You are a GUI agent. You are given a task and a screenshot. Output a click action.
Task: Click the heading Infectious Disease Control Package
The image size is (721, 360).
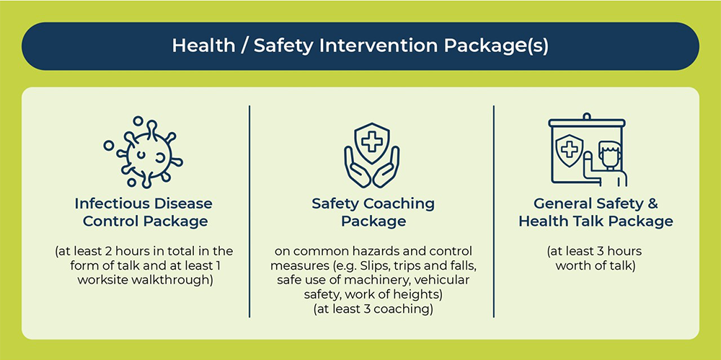pyautogui.click(x=144, y=212)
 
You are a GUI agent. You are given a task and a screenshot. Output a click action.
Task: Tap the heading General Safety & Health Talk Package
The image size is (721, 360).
pyautogui.click(x=596, y=212)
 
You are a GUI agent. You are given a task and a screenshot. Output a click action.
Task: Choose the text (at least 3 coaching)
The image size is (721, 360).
pyautogui.click(x=373, y=309)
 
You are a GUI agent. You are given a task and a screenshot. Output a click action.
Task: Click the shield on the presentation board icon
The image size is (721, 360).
pyautogui.click(x=570, y=151)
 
